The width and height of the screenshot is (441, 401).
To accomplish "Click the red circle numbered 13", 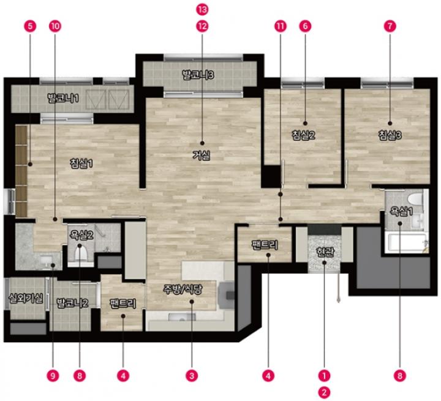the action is (x=202, y=10).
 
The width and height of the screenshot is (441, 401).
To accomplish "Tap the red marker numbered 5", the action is (x=30, y=26).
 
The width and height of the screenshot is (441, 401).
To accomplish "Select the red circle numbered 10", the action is (x=55, y=26).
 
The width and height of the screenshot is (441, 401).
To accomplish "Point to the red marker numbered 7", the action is (x=390, y=26).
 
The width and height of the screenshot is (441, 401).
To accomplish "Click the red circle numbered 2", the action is (x=324, y=392).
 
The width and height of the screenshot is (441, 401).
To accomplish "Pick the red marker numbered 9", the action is (x=53, y=376).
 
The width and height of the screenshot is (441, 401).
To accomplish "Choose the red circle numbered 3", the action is (x=192, y=376).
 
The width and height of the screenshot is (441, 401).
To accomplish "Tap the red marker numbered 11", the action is (x=280, y=26).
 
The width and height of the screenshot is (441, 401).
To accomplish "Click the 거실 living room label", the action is (x=202, y=156).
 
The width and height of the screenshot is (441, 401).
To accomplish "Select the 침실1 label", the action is (x=81, y=163).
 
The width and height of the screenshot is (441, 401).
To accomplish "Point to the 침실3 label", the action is (x=390, y=135).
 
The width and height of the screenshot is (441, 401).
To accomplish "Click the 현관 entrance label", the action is (x=324, y=252).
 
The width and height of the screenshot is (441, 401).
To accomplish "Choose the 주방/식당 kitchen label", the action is (x=183, y=290).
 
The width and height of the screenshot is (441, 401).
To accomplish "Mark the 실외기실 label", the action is (x=26, y=298).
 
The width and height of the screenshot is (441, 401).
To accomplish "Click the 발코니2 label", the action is (x=72, y=303).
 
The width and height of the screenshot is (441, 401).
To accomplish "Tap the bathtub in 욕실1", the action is (x=407, y=242).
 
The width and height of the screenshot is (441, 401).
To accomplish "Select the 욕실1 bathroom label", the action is (x=401, y=211).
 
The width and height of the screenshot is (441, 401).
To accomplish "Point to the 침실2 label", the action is (x=303, y=135).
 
